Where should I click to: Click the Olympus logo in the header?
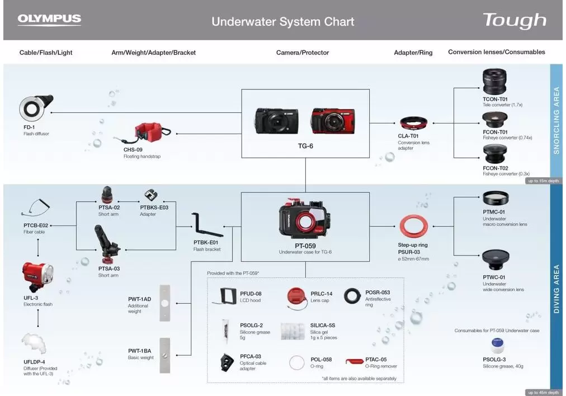pyautogui.click(x=49, y=20)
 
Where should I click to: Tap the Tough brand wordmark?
pyautogui.click(x=515, y=21)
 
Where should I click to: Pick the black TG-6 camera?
pyautogui.click(x=276, y=121)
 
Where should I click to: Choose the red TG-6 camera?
pyautogui.click(x=333, y=121)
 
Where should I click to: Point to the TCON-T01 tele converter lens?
pyautogui.click(x=494, y=82)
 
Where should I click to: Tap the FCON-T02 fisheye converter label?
pyautogui.click(x=496, y=168)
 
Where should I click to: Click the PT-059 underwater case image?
pyautogui.click(x=305, y=219)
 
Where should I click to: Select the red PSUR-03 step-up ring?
pyautogui.click(x=414, y=227)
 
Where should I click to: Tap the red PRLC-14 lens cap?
pyautogui.click(x=296, y=298)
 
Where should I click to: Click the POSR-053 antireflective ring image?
pyautogui.click(x=352, y=296)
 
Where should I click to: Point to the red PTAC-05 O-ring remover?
pyautogui.click(x=354, y=361)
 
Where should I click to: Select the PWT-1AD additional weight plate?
pyautogui.click(x=164, y=303)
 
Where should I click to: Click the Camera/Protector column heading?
pyautogui.click(x=303, y=53)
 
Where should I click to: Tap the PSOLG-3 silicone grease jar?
pyautogui.click(x=497, y=346)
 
